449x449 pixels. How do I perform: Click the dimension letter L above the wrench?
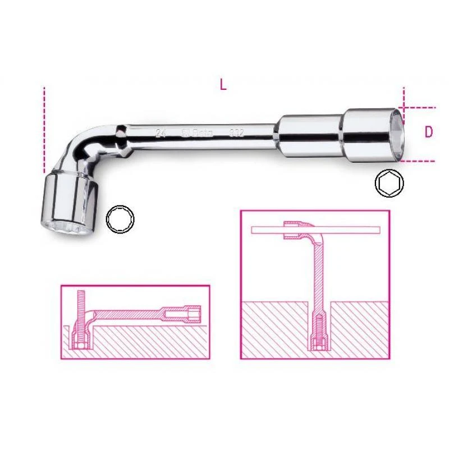[x=223, y=85]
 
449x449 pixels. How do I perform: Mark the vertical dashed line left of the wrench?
[x=43, y=129]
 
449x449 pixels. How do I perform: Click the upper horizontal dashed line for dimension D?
[x=420, y=106]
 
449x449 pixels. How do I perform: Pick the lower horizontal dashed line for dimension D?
[x=420, y=159]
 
